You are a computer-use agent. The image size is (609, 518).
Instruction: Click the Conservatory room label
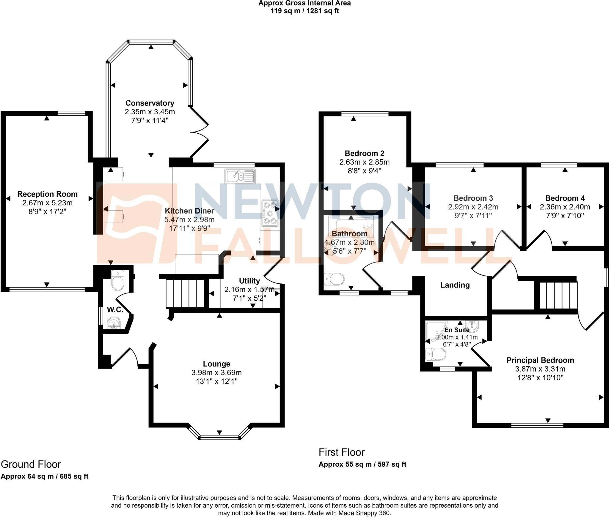coord(150,103)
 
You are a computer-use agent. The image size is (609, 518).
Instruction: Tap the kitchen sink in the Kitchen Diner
coord(240,176)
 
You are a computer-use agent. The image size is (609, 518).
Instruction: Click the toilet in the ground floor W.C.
coord(117,281)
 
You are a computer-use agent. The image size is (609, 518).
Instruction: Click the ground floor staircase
coord(185,293)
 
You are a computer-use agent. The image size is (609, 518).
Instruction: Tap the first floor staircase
coord(558,296)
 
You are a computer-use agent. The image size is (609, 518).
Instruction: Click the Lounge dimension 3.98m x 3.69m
coord(216,372)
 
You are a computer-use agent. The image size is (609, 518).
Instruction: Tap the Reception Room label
coord(47,194)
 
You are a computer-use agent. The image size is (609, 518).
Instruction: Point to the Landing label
coord(455,285)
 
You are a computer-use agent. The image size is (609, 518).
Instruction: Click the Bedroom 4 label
coord(565,198)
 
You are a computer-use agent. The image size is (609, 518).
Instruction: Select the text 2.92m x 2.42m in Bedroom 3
coord(473,207)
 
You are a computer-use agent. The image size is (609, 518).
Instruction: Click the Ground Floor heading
coord(31,464)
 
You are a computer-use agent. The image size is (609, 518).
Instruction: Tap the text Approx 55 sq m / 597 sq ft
coord(362,464)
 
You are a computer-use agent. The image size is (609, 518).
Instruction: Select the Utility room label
coord(249,281)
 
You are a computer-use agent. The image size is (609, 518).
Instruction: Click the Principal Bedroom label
coord(540,360)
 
